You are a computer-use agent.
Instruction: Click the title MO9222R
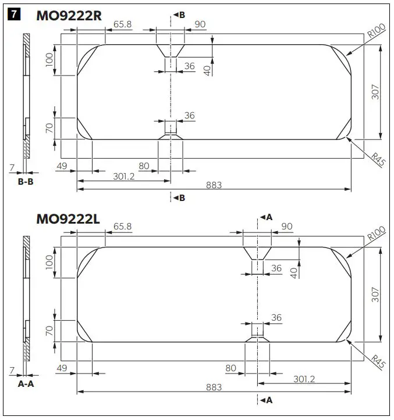(x=69, y=15)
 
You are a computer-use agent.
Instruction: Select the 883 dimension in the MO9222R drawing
(x=213, y=185)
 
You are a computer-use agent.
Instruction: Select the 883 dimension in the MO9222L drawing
(x=213, y=387)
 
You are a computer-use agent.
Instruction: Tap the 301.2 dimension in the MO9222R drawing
(x=123, y=176)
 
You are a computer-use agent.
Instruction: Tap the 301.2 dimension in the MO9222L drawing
(x=304, y=379)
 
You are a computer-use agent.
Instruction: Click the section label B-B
(x=24, y=181)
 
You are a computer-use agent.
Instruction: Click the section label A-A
(x=24, y=384)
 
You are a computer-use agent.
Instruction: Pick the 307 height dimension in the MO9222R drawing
(x=376, y=92)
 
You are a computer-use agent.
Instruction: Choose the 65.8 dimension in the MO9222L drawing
(x=123, y=226)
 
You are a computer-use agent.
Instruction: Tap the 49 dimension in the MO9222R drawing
(x=62, y=167)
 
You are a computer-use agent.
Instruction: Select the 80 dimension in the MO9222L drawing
(x=230, y=368)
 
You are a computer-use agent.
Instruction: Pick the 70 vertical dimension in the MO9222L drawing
(x=49, y=331)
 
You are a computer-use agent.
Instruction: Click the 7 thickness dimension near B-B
(x=12, y=167)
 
